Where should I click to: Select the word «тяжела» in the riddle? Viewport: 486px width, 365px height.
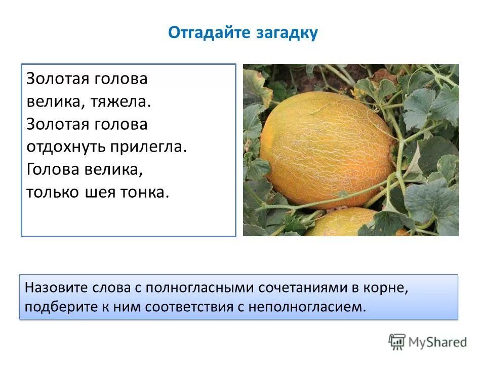[x=120, y=101]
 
